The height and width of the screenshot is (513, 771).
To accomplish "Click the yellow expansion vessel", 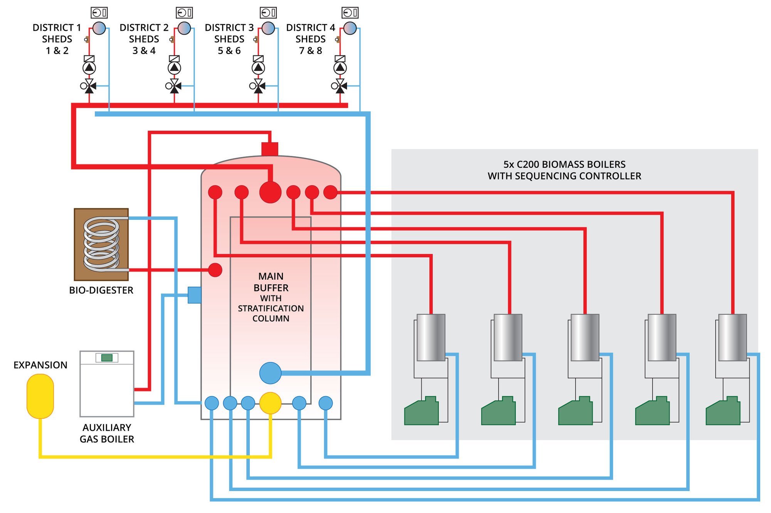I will click(x=40, y=396).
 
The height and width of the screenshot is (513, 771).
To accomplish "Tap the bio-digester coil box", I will click(x=101, y=245).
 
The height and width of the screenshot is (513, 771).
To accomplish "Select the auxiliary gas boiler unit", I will click(x=107, y=384).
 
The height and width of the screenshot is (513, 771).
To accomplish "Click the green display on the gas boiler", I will click(x=107, y=358).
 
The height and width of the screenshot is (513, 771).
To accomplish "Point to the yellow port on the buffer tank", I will click(x=270, y=403).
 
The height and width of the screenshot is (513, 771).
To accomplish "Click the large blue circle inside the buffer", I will click(x=270, y=373).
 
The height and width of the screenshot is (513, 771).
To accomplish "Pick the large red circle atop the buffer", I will click(x=270, y=192).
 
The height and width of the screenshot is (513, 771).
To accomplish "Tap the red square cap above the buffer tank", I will click(x=270, y=149).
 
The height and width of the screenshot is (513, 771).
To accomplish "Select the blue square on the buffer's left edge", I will click(x=194, y=295).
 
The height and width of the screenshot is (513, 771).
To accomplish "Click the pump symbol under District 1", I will click(x=89, y=68).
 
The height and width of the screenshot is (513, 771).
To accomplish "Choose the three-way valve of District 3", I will click(x=258, y=86).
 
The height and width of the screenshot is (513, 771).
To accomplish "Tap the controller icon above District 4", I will click(x=350, y=13).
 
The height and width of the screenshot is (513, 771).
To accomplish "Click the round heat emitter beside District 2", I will click(x=184, y=28).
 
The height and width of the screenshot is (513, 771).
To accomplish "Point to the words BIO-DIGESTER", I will click(x=101, y=290).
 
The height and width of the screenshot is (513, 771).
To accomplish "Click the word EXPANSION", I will click(x=40, y=365).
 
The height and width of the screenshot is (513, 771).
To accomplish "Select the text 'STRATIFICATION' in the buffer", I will click(x=271, y=309).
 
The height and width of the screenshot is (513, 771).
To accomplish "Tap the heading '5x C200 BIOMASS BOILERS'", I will click(x=564, y=164).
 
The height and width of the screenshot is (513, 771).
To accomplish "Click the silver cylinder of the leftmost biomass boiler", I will click(x=431, y=337).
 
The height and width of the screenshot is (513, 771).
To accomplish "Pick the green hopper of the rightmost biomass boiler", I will click(x=723, y=412).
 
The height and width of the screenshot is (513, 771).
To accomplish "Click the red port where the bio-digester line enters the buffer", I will click(x=215, y=270).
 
